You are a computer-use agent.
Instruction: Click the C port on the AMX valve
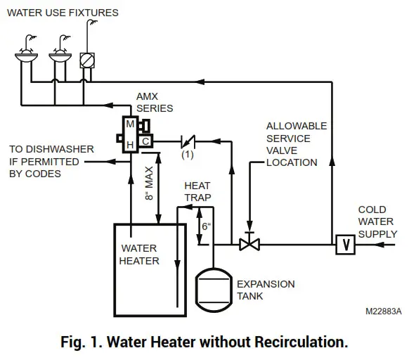click(144, 141)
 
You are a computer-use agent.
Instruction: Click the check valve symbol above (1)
click(188, 141)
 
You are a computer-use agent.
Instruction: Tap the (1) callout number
click(188, 154)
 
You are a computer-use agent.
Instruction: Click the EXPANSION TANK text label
click(266, 290)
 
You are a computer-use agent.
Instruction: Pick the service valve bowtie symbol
click(248, 245)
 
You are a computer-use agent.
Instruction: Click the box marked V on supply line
click(344, 245)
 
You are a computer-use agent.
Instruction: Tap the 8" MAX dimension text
click(149, 184)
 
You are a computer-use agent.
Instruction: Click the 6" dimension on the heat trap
click(205, 227)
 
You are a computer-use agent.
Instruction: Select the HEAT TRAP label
click(197, 192)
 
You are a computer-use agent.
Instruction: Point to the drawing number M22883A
click(383, 310)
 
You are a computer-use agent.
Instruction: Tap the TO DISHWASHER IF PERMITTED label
click(45, 161)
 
